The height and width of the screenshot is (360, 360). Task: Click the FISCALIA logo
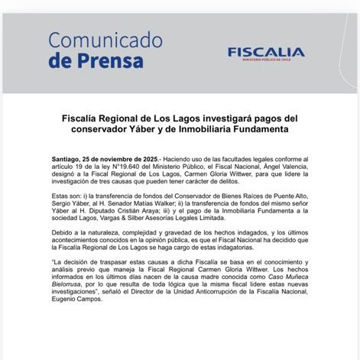(x=265, y=52)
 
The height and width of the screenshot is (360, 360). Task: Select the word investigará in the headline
(x=218, y=119)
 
